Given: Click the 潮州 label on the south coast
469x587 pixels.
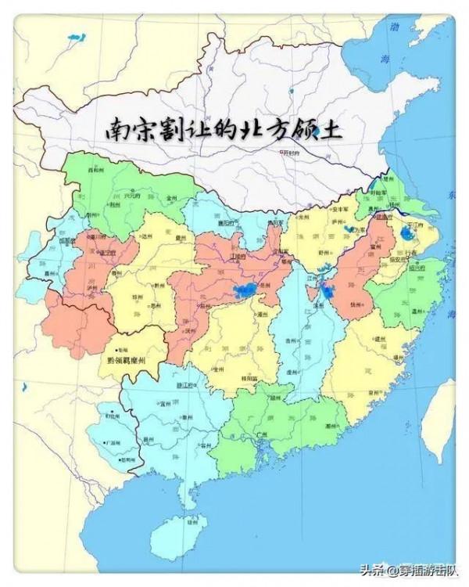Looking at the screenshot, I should coord(332,427).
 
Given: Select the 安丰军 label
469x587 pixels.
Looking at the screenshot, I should coord(339,209).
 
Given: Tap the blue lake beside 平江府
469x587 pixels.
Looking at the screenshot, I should coord(407,233).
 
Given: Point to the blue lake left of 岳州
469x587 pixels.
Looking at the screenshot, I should coord(244,292).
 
